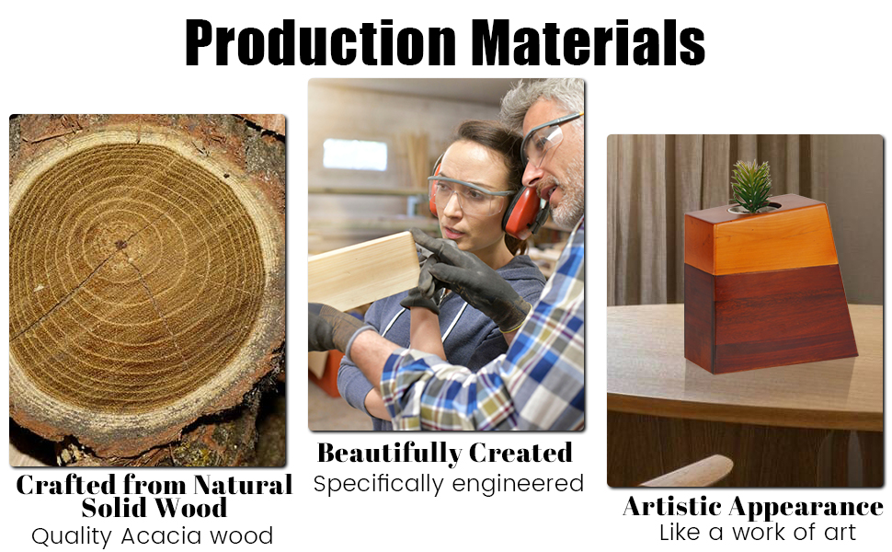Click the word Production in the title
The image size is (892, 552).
pyautogui.click(x=320, y=42)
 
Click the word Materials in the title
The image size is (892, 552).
pyautogui.click(x=589, y=42)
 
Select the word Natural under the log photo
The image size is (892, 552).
pyautogui.click(x=243, y=485)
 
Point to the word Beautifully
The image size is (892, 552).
pyautogui.click(x=389, y=454)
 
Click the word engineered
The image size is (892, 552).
pyautogui.click(x=518, y=484)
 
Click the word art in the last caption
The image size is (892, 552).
pyautogui.click(x=841, y=533)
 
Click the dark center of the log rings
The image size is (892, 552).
pyautogui.click(x=120, y=245)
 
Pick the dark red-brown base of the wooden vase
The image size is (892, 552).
pyautogui.click(x=771, y=318)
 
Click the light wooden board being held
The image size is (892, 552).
pyautogui.click(x=364, y=271)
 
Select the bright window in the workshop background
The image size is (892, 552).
pyautogui.click(x=355, y=155)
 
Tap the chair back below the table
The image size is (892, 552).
pyautogui.click(x=689, y=471)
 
